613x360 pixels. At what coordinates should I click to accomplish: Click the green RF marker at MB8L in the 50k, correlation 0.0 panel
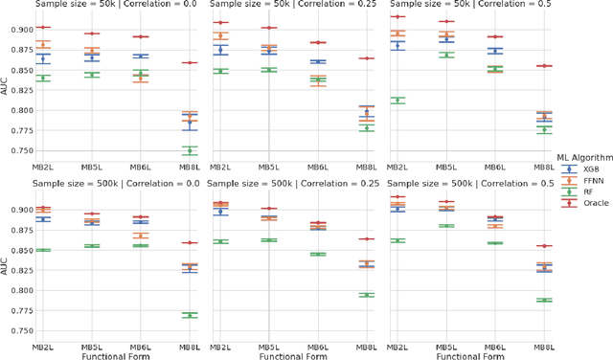pos(190,150)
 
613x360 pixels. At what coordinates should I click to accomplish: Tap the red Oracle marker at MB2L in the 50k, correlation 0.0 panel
pos(44,28)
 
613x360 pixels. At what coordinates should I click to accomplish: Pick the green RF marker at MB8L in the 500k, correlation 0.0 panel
pos(190,315)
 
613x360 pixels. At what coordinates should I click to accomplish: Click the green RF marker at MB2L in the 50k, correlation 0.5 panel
pos(397,101)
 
